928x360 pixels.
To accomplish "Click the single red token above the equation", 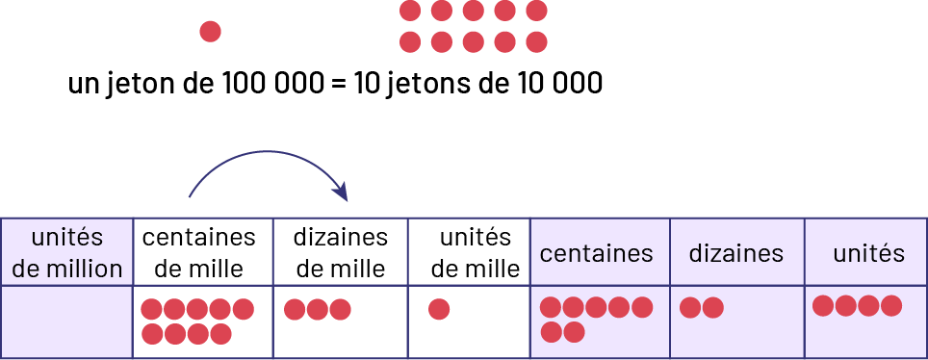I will click(x=210, y=32).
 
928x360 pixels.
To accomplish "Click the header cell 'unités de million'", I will click(x=66, y=253).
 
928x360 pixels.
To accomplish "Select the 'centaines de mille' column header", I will click(x=199, y=253).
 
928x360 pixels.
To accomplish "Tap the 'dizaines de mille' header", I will click(x=340, y=253).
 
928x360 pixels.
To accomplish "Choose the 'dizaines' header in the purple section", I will click(x=735, y=254).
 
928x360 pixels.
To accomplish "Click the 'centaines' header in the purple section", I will click(x=597, y=254).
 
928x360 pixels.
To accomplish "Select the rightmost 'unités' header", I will click(x=868, y=254).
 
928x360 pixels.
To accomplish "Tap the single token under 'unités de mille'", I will click(x=439, y=310).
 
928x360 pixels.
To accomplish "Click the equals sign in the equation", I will click(x=337, y=84).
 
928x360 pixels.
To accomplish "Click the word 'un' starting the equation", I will click(x=82, y=85).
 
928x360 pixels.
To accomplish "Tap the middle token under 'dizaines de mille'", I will click(x=317, y=310).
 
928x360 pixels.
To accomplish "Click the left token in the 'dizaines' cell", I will click(x=690, y=308).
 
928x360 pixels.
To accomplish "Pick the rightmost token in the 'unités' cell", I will click(x=891, y=306).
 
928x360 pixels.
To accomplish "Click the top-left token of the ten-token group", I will click(x=410, y=12).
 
